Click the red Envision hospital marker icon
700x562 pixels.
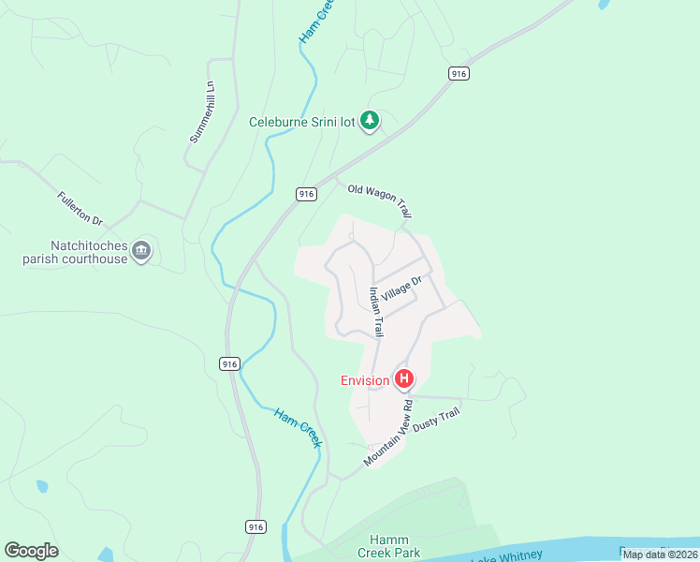click(404, 379)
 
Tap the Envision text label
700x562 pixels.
click(365, 380)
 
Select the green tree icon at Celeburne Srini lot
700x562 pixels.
click(371, 121)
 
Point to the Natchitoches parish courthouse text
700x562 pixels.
click(75, 252)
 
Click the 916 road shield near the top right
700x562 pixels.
click(458, 73)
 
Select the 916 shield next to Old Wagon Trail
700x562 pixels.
click(306, 193)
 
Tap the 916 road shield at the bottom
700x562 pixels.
click(255, 527)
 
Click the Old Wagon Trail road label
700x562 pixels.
click(379, 201)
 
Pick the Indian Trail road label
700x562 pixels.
click(376, 312)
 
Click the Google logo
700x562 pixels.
click(31, 551)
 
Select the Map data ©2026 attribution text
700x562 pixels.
click(659, 554)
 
